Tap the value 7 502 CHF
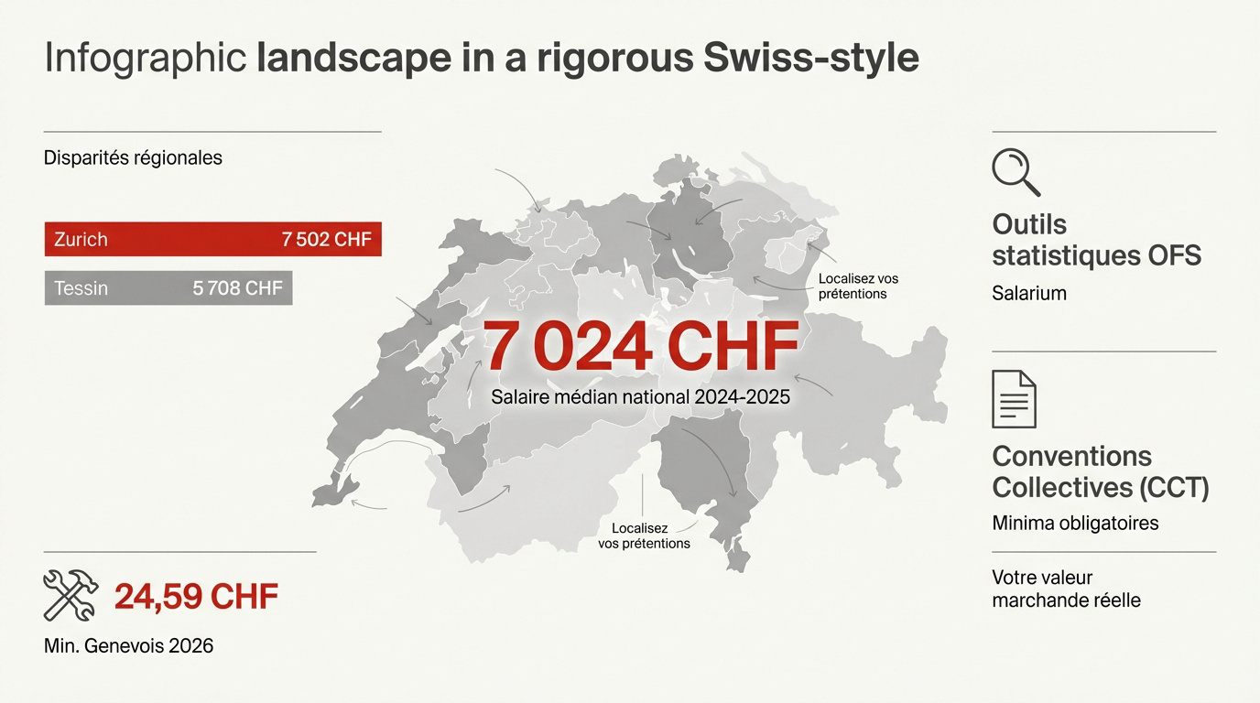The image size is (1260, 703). pos(326,240)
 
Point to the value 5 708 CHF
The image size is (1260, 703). pos(237,288)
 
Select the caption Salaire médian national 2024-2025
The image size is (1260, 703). pos(640,397)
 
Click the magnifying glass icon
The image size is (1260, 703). pos(1016,173)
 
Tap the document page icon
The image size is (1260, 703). pos(1014,399)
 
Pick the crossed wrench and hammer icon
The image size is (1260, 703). pos(71,595)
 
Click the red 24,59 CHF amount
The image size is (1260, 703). pos(196,597)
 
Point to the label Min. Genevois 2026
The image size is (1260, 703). pos(128,645)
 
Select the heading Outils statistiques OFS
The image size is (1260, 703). pos(1095,239)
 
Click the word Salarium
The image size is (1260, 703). pos(1029,293)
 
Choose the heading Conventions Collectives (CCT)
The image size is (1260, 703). pos(1100,471)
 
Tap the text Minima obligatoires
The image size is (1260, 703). pos(1075,523)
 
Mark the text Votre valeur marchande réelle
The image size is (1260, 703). pos(1066,589)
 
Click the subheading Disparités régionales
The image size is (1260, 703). pos(133,157)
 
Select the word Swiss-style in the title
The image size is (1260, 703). pos(811,58)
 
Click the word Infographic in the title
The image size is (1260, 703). pos(146,58)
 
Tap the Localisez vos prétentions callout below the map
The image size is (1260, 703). pos(644,535)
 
